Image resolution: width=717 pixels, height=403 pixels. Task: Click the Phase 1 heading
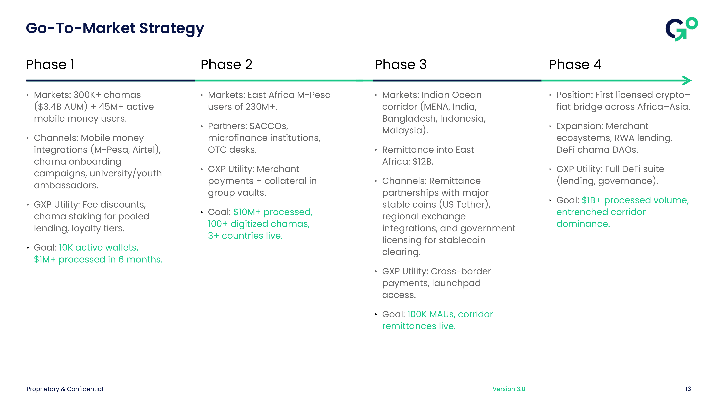tap(50, 64)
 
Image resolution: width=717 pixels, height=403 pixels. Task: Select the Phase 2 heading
tap(226, 64)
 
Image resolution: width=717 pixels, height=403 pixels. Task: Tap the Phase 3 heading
tap(401, 64)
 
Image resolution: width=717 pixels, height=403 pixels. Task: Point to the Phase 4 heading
tap(575, 64)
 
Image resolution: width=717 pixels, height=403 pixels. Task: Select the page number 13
tap(688, 389)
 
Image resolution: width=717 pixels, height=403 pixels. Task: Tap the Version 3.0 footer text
tap(509, 389)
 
